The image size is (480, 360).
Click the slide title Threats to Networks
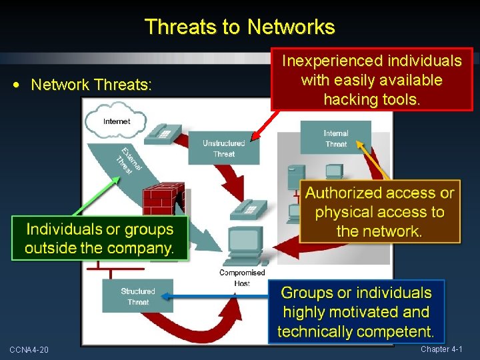239,27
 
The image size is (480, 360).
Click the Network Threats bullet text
91,85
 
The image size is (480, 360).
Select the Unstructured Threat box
223,148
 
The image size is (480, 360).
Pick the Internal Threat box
335,139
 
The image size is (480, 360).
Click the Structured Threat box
137,297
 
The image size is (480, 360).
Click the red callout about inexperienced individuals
371,80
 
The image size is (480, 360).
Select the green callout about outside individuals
99,239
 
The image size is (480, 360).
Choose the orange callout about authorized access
379,212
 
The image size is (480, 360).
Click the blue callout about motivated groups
356,311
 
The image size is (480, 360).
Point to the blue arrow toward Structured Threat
213,299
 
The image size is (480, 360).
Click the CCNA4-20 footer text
29,350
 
